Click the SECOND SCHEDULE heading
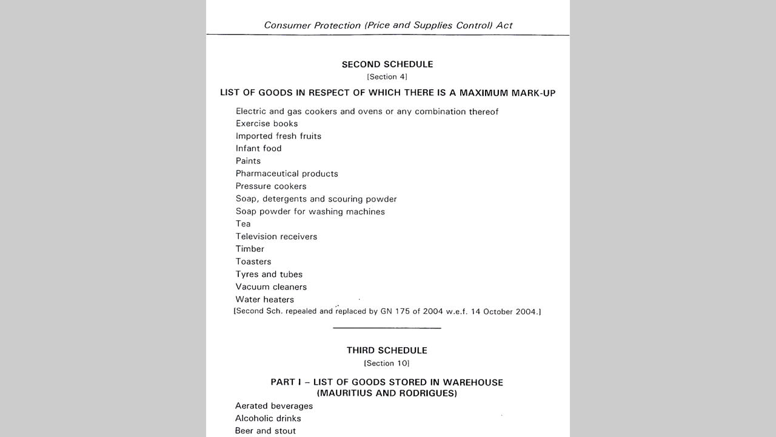coord(387,64)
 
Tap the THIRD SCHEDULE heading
coord(387,350)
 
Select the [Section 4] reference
coord(387,77)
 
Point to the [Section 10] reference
coord(387,364)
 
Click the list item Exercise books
coord(267,124)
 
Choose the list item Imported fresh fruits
coord(278,136)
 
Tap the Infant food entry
coord(258,149)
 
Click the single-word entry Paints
coord(248,161)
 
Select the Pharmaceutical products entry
coord(287,174)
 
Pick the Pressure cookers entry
coord(271,186)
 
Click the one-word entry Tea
coord(243,224)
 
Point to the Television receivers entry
coord(276,237)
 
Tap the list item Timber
coord(250,249)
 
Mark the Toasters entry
coord(253,262)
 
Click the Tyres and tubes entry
coord(269,274)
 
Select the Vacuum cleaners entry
coord(271,287)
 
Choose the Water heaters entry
coord(265,300)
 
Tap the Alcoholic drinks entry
coord(268,419)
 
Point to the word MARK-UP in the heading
coord(533,93)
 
